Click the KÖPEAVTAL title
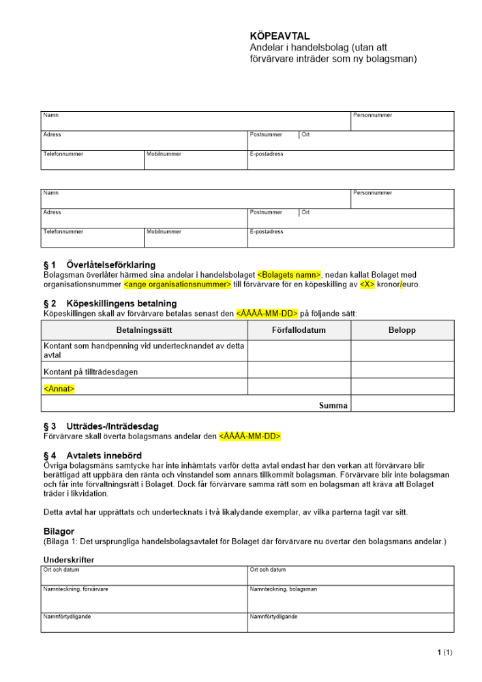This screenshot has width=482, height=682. [280, 35]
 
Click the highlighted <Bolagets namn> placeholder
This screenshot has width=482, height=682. [289, 275]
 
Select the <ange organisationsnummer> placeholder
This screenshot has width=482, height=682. [177, 284]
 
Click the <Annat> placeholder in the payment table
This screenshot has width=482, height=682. [59, 389]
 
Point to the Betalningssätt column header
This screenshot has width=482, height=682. [144, 330]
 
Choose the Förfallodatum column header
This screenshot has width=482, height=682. [299, 330]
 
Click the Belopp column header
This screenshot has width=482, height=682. [402, 330]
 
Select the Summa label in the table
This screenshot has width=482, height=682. [333, 405]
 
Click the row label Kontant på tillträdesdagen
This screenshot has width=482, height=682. [91, 372]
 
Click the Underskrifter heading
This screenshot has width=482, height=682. [69, 560]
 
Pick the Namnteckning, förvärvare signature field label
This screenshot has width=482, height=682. [76, 589]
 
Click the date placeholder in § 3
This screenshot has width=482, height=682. [250, 436]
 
